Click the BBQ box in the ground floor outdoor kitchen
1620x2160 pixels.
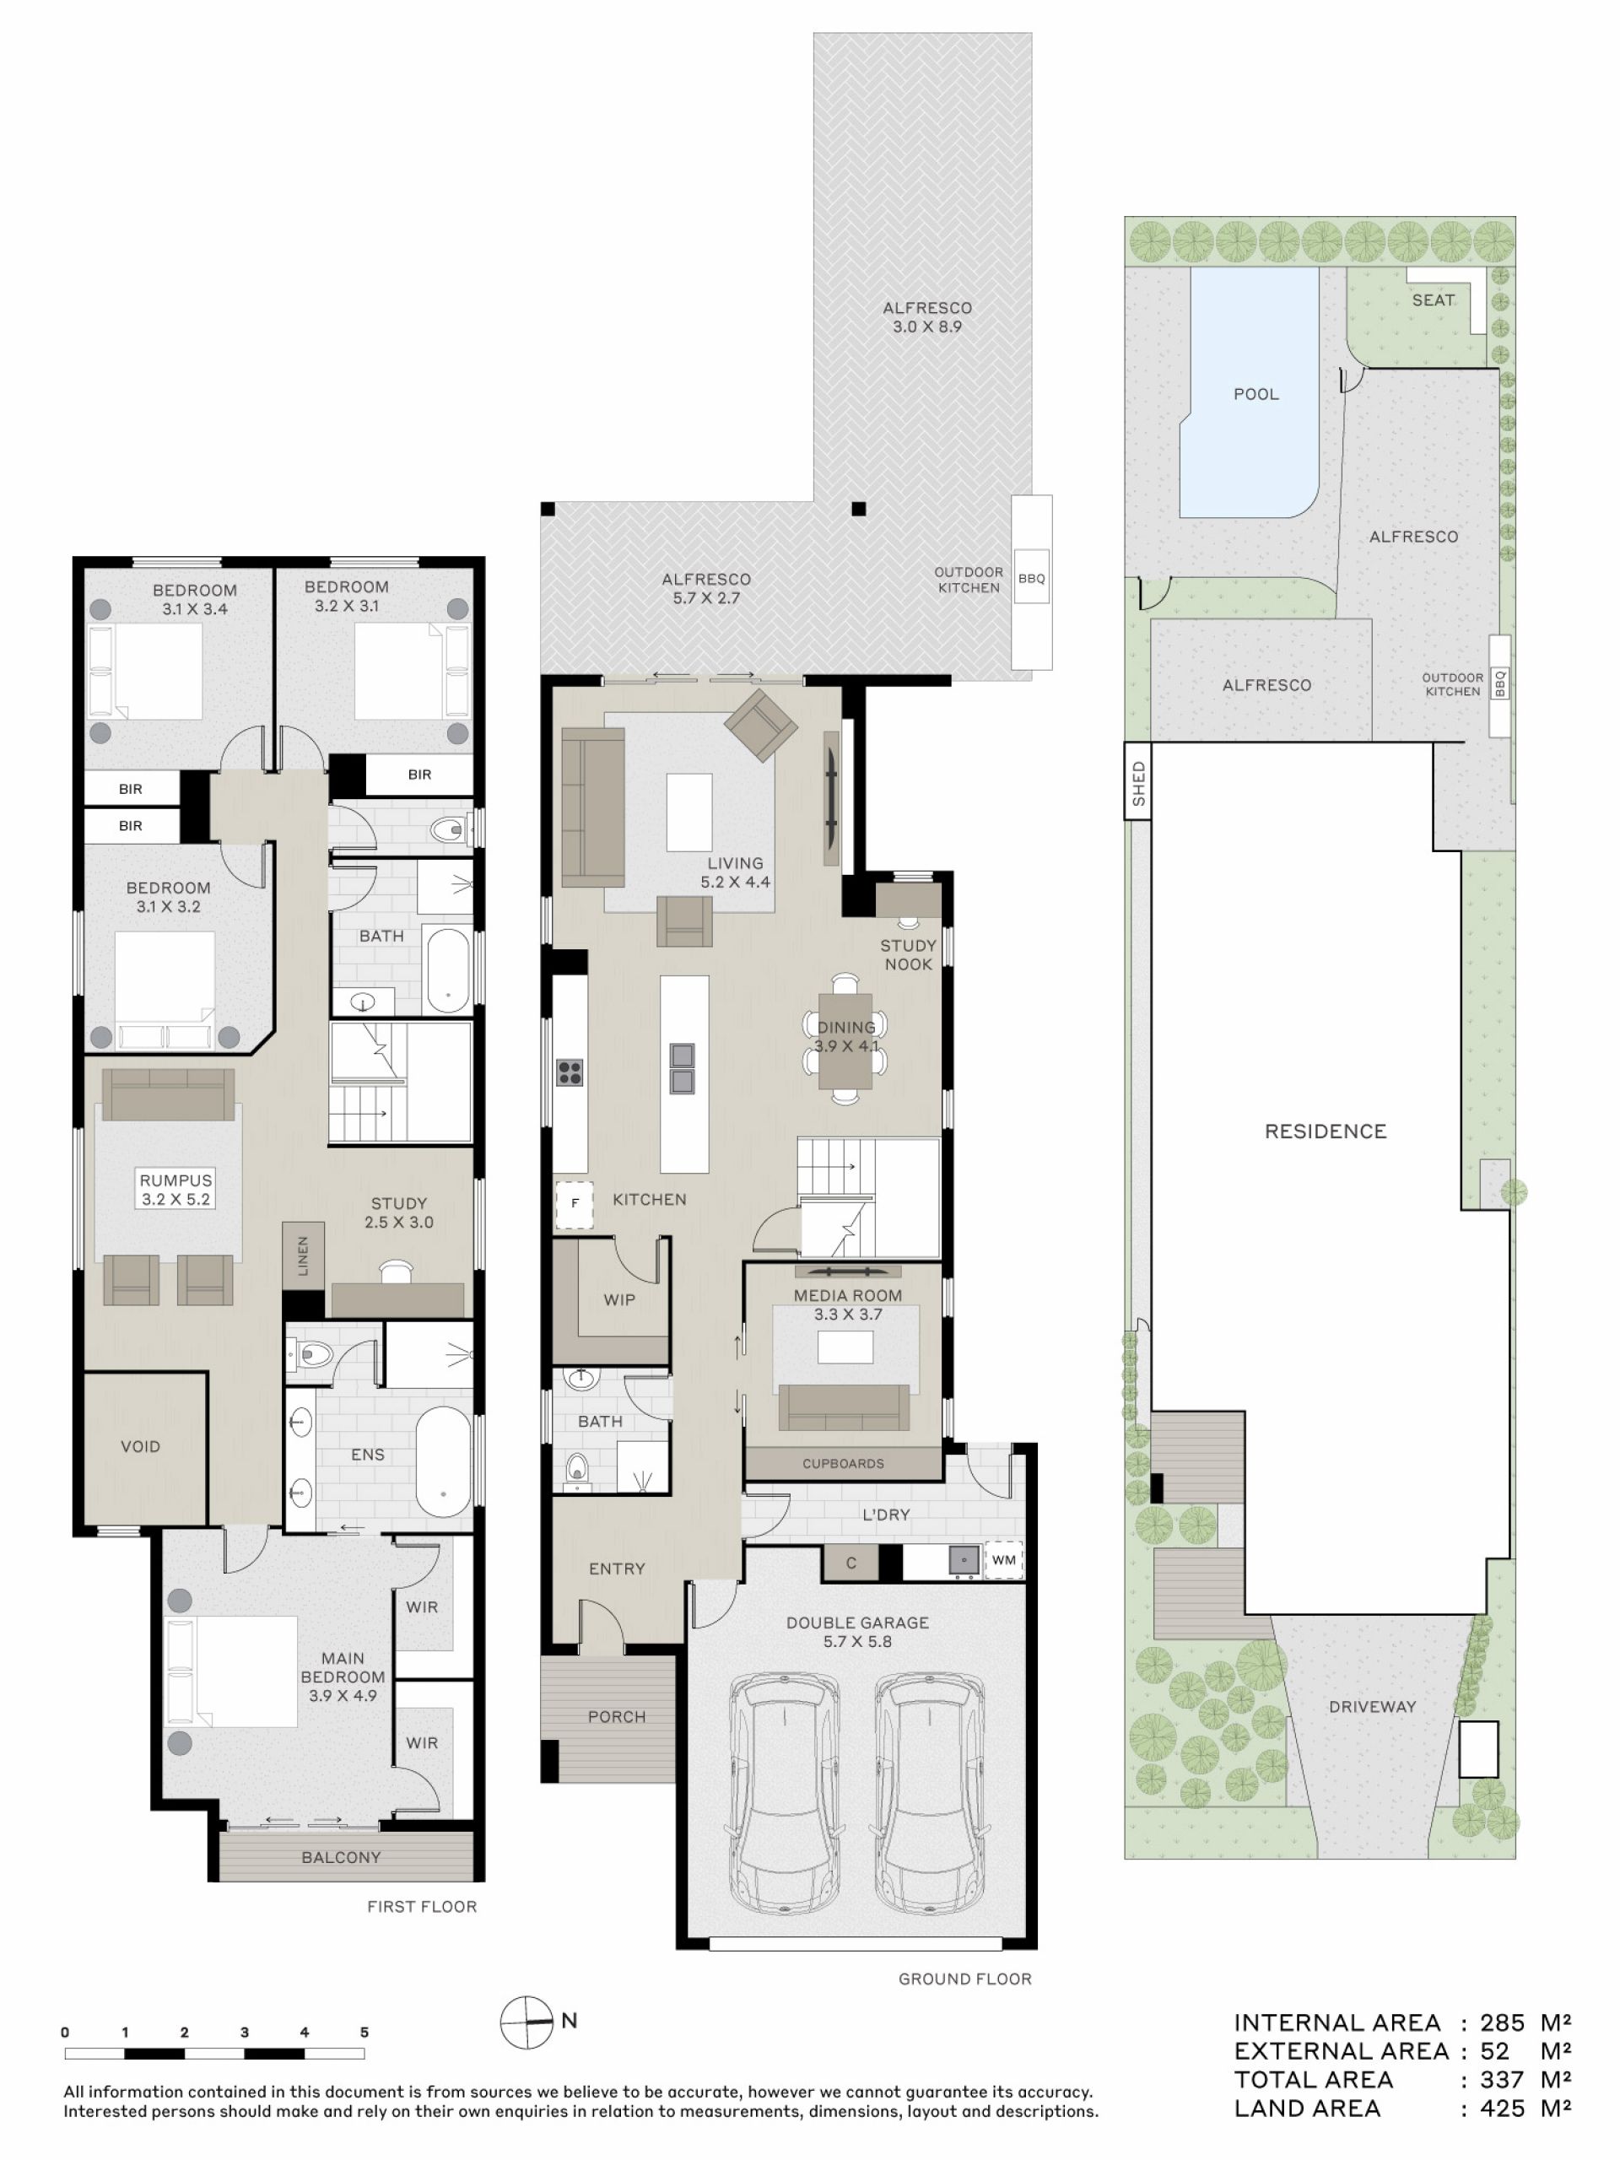pos(1031,578)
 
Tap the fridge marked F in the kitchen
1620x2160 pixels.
pos(575,1203)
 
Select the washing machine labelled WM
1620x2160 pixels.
pos(1004,1559)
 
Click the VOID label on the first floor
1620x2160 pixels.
pos(141,1446)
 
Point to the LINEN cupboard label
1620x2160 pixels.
pos(303,1255)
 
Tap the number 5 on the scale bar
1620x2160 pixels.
pos(364,2032)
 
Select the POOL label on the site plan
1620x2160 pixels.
pos(1255,395)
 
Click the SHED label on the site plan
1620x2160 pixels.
pos(1137,783)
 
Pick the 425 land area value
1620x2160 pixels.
pos(1502,2109)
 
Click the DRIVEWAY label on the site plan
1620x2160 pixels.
pos(1372,1707)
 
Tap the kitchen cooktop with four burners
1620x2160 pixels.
pos(570,1072)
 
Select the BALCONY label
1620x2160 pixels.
pos(341,1857)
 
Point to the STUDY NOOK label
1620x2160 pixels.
pos(908,955)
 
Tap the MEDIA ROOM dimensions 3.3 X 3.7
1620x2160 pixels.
pos(848,1315)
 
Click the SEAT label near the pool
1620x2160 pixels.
pos(1433,300)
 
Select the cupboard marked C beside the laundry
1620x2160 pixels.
pos(850,1563)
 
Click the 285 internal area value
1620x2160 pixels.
pos(1502,2022)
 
